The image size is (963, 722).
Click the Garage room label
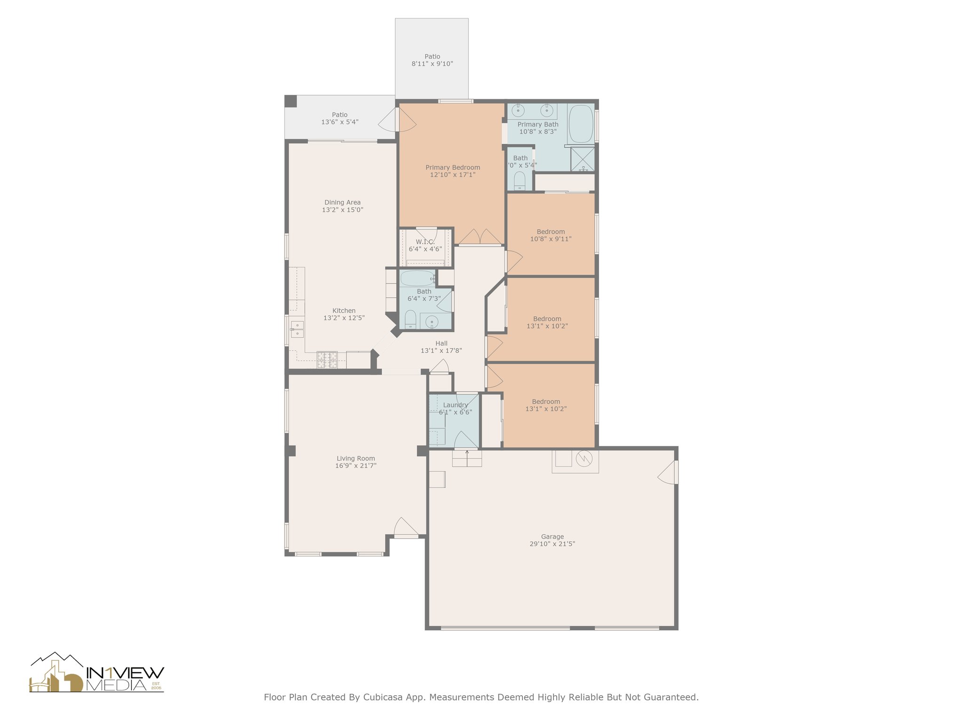point(552,536)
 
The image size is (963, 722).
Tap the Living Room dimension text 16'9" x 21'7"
point(355,466)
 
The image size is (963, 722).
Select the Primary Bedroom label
point(452,167)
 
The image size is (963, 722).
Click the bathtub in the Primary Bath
point(582,124)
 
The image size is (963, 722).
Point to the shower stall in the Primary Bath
point(583,159)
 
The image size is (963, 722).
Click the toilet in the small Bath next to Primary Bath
point(520,181)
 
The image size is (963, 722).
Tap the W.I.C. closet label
point(425,242)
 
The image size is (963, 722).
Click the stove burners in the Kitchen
point(327,360)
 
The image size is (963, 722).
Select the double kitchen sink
point(297,329)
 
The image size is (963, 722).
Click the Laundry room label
point(455,405)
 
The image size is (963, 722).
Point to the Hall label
point(441,343)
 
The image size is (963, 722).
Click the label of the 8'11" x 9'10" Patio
point(432,56)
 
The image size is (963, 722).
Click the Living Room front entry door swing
point(405,527)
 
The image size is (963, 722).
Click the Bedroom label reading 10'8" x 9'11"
point(551,232)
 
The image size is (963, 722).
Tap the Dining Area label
point(342,203)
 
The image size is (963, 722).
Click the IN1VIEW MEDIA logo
point(97,673)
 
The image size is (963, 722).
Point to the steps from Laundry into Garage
point(467,458)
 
